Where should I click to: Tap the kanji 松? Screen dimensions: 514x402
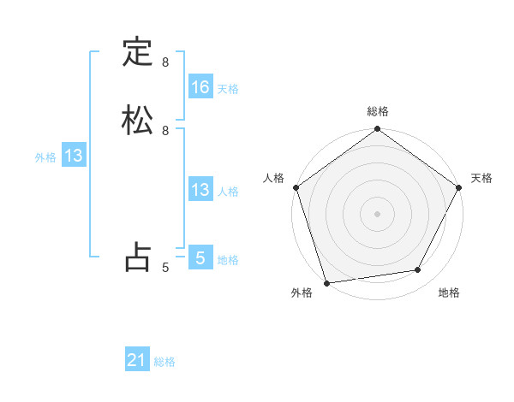pyautogui.click(x=137, y=119)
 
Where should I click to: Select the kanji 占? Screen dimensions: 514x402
pyautogui.click(x=137, y=257)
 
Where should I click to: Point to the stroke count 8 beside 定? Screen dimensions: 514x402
pyautogui.click(x=165, y=62)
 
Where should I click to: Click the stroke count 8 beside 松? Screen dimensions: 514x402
pyautogui.click(x=165, y=130)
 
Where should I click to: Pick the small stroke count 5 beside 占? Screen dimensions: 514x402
pyautogui.click(x=165, y=268)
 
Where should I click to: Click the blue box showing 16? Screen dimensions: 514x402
pyautogui.click(x=200, y=86)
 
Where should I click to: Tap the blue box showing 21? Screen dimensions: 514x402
pyautogui.click(x=137, y=360)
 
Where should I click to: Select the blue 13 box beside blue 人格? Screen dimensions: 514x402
pyautogui.click(x=200, y=190)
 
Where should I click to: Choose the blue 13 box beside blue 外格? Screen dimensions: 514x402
pyautogui.click(x=74, y=156)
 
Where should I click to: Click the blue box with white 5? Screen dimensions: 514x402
pyautogui.click(x=200, y=257)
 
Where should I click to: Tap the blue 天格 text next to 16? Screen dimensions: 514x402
pyautogui.click(x=228, y=88)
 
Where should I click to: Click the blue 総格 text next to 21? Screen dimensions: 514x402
pyautogui.click(x=164, y=362)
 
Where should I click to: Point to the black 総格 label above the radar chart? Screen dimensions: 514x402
pyautogui.click(x=378, y=112)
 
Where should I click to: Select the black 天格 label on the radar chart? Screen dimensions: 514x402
pyautogui.click(x=482, y=178)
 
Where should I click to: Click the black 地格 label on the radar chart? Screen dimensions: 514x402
pyautogui.click(x=449, y=293)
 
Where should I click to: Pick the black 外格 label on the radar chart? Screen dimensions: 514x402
pyautogui.click(x=302, y=293)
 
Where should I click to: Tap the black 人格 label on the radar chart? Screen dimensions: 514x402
pyautogui.click(x=273, y=178)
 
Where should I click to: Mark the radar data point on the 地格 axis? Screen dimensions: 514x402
pyautogui.click(x=418, y=270)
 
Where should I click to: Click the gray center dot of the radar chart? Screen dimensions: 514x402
pyautogui.click(x=377, y=213)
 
